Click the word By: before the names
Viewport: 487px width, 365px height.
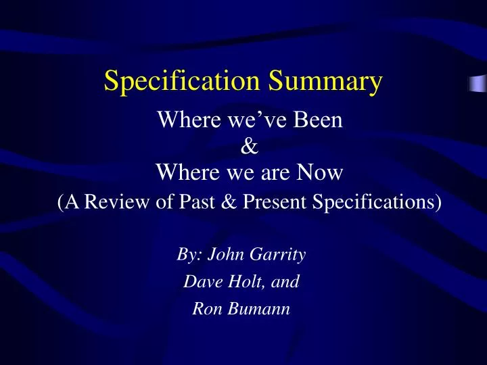pyautogui.click(x=189, y=255)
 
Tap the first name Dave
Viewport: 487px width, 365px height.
pyautogui.click(x=201, y=282)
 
